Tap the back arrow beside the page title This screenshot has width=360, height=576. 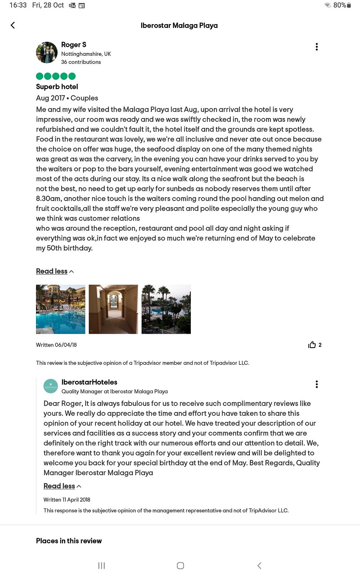click(x=13, y=25)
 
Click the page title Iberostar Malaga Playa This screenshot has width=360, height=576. click(x=179, y=26)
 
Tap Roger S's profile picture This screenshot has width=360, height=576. click(x=47, y=53)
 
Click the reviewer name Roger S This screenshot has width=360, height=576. click(x=73, y=45)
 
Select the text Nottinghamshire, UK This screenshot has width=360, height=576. click(x=86, y=54)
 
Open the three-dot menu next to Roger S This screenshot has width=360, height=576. click(x=316, y=47)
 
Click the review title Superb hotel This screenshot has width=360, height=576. click(x=57, y=87)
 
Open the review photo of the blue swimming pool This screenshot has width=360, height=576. click(x=60, y=309)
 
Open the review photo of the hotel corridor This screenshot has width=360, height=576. click(x=113, y=309)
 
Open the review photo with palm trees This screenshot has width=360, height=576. click(x=166, y=309)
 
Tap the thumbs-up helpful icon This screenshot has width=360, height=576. click(x=312, y=345)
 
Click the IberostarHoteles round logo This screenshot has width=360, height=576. click(x=51, y=386)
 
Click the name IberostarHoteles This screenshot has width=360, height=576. click(x=89, y=382)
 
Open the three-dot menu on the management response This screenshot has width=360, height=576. click(x=316, y=384)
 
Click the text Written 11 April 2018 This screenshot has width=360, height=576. click(x=67, y=500)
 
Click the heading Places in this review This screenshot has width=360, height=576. click(x=69, y=541)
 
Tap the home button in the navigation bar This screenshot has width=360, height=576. click(x=180, y=566)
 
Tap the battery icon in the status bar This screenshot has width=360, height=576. click(x=348, y=5)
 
